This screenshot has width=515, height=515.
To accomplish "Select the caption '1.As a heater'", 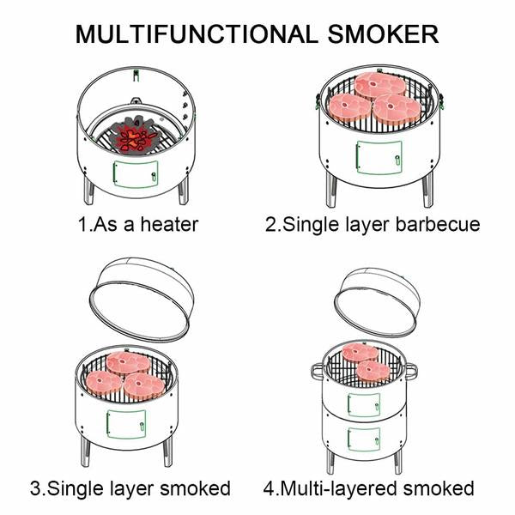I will [x=138, y=225].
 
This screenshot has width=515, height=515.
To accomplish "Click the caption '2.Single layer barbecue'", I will [x=372, y=225].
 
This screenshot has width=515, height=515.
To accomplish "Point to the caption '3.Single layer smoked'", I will [x=130, y=488].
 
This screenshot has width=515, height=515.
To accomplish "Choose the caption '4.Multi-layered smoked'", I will [x=368, y=488].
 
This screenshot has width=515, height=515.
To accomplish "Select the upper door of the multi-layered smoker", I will [x=364, y=403].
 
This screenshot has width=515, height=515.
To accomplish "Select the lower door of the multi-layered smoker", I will [x=364, y=439].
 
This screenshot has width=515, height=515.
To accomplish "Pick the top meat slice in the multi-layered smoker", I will [x=360, y=352].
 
